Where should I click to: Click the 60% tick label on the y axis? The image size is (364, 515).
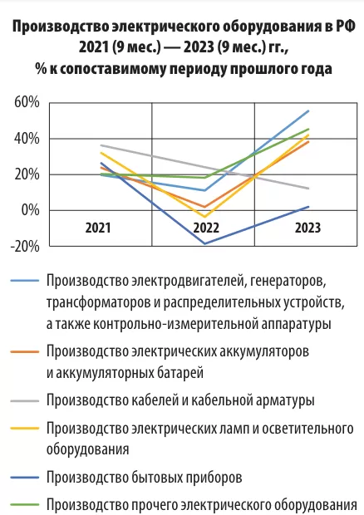pos(27,102)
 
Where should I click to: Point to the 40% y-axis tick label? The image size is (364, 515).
pos(27,139)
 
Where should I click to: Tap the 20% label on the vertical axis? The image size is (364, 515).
pos(27,174)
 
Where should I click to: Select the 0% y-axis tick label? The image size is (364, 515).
pos(30,210)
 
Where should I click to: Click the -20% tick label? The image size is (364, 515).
pos(25,247)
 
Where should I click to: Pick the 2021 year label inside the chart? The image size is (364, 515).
pos(98,228)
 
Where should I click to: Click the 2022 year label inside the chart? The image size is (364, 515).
pos(205,228)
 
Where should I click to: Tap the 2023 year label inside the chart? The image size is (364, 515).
pos(307,228)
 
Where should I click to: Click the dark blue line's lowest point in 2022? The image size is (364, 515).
pos(205,243)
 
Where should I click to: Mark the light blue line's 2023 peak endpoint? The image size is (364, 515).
pos(307,111)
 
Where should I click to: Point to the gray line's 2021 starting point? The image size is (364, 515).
pos(101,145)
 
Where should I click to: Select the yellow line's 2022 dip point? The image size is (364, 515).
pos(205,217)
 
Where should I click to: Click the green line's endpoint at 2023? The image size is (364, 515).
pos(307,129)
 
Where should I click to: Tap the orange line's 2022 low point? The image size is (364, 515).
pos(205,207)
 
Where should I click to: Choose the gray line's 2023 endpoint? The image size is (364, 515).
pos(307,189)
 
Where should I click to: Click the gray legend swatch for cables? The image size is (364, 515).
pos(25,400)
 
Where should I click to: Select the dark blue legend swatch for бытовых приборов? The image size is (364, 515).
pos(25,478)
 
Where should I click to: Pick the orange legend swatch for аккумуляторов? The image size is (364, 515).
pos(25,351)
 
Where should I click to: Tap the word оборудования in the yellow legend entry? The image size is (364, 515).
pos(87,449)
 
